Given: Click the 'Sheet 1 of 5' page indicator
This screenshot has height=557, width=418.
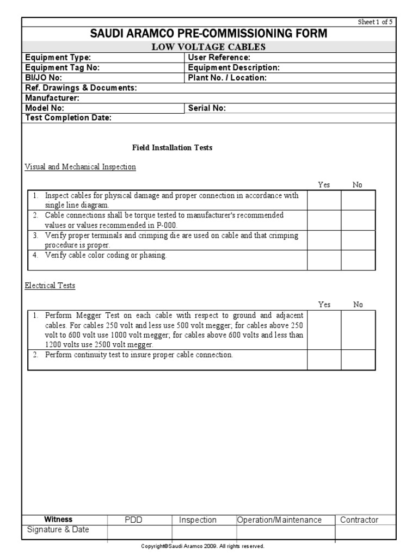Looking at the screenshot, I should [x=374, y=22].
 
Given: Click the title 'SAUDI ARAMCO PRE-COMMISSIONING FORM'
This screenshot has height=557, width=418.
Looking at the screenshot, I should [x=208, y=34].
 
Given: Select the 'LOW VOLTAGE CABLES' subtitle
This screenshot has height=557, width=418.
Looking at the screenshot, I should [x=208, y=47].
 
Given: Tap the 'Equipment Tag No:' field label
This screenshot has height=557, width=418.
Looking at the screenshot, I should [x=62, y=67].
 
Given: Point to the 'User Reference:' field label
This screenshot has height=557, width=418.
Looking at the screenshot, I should [x=219, y=58].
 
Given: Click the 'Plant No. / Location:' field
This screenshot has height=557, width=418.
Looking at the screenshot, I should [x=227, y=78].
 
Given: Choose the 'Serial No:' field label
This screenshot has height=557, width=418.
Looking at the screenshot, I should [x=207, y=108].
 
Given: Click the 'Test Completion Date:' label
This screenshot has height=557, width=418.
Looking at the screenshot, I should [x=68, y=117].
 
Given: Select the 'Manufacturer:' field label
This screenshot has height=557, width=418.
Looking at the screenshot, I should [x=52, y=98].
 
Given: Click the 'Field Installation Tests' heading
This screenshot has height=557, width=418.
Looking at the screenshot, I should [x=173, y=147].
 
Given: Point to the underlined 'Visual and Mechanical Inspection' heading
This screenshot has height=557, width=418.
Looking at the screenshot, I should [x=81, y=167].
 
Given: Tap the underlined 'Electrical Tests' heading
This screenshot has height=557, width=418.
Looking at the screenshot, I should [x=50, y=286].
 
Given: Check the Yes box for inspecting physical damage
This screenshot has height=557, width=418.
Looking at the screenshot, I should [x=324, y=200].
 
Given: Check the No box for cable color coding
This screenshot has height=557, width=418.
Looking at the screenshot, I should [x=358, y=260].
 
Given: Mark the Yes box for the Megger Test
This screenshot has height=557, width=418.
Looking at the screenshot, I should [x=324, y=330].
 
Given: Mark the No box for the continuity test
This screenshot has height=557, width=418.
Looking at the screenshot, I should [x=358, y=360].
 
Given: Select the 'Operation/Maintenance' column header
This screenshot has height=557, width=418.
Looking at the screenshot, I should [x=279, y=520].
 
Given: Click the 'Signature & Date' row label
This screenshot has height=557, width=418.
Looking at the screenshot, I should [x=58, y=530].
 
